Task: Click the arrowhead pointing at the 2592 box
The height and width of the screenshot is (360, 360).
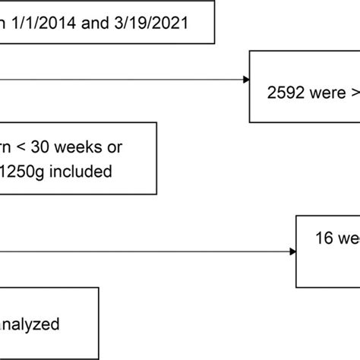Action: pos(247,79)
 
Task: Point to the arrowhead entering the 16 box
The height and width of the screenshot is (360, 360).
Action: pos(292,251)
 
